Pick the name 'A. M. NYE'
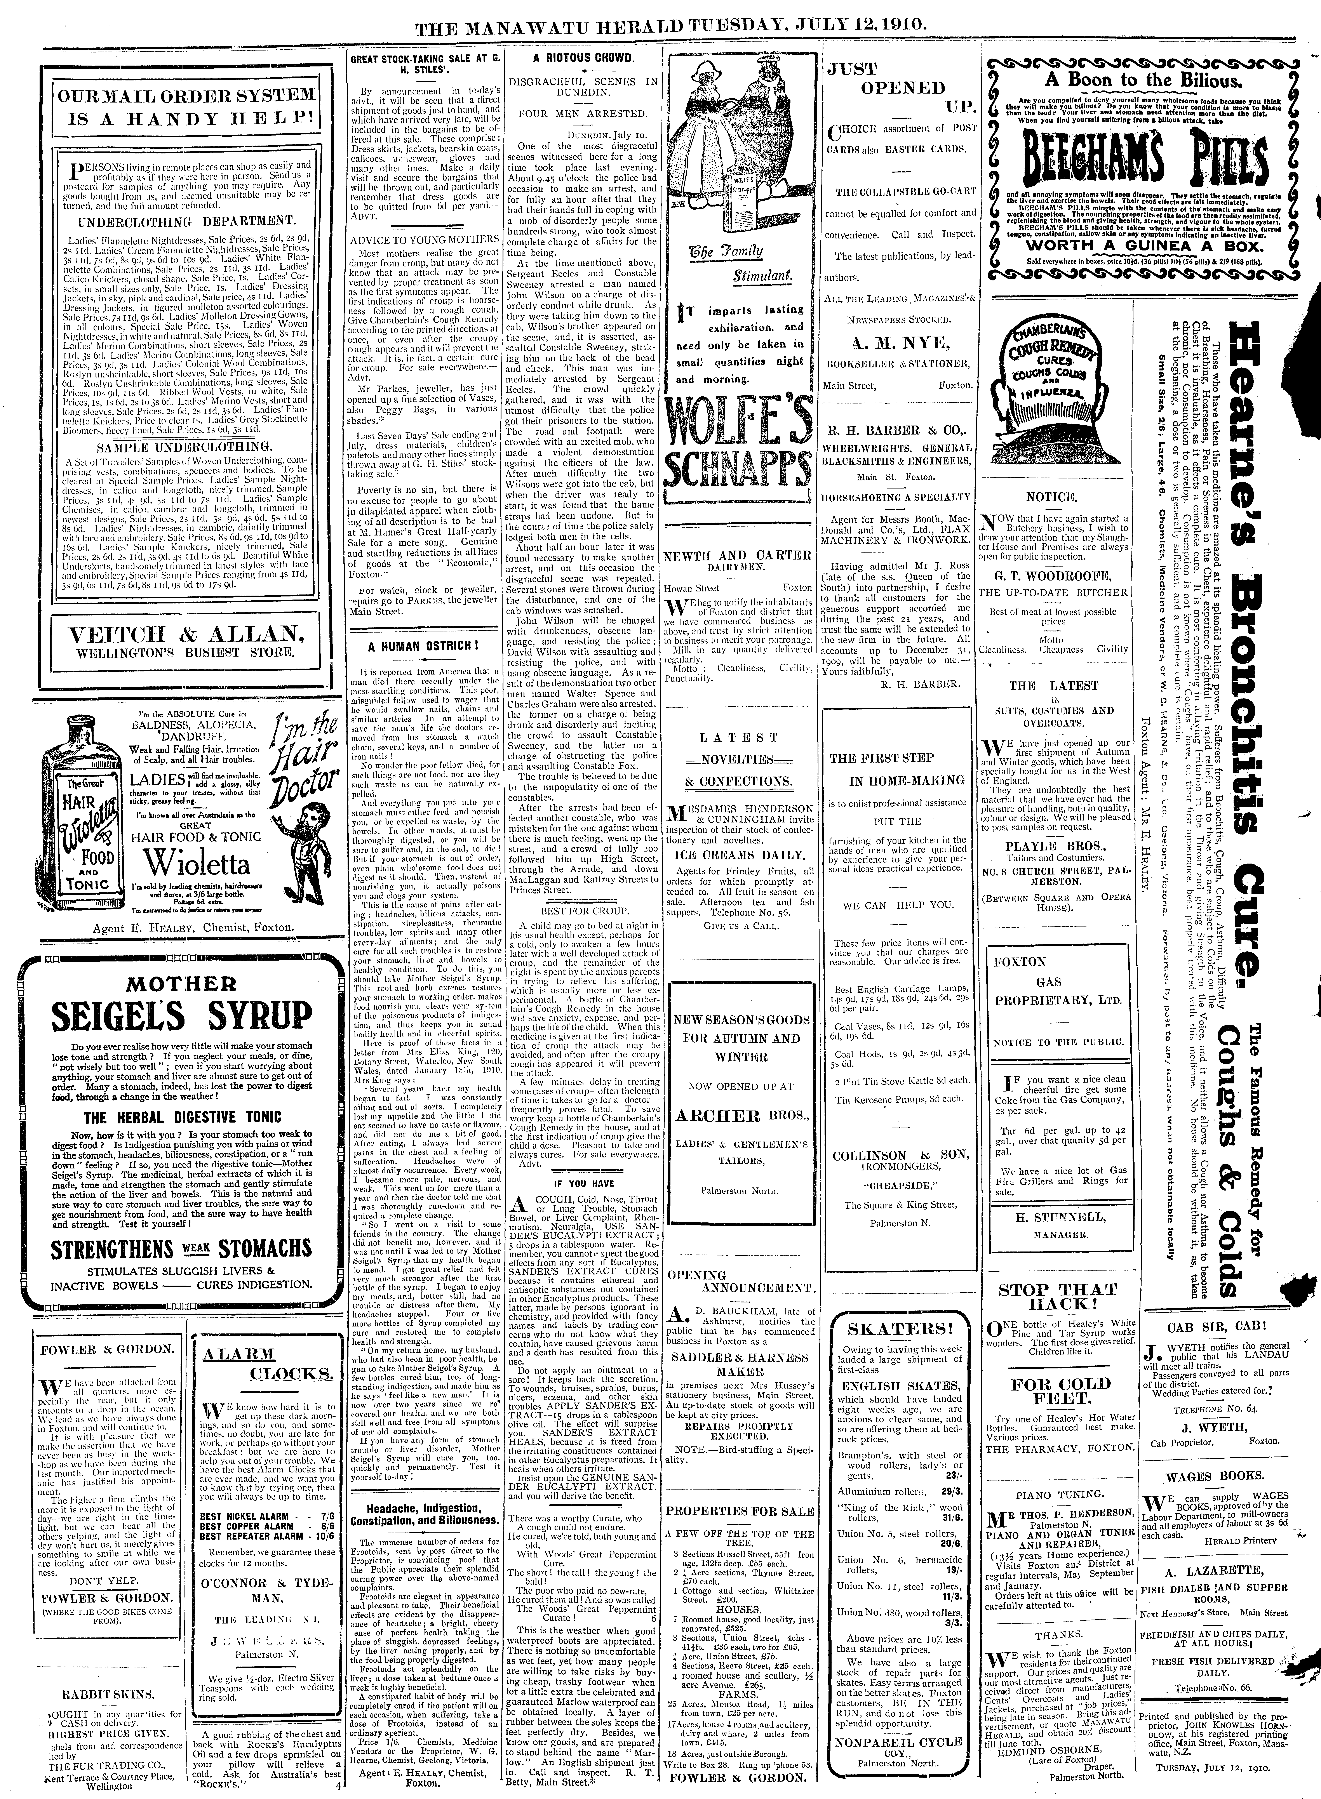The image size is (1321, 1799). [x=899, y=345]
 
